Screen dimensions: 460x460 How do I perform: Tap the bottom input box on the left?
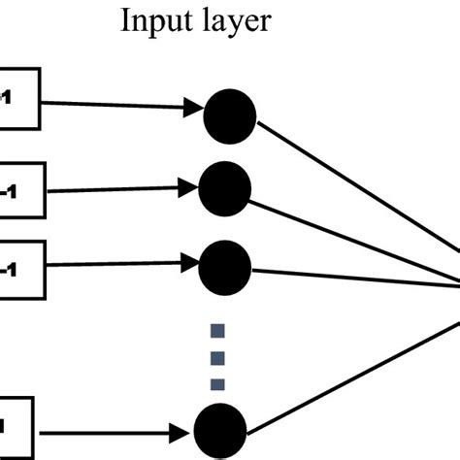[15, 424]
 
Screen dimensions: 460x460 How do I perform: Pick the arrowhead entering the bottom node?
[187, 429]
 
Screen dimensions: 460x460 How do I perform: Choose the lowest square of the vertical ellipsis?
[218, 382]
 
